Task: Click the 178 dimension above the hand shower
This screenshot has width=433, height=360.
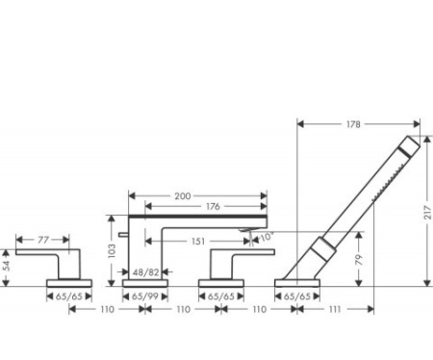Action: (x=353, y=124)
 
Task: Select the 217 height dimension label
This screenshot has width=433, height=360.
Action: (x=428, y=213)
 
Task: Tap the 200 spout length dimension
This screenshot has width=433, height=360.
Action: (x=183, y=196)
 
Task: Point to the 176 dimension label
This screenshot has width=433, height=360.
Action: (x=213, y=206)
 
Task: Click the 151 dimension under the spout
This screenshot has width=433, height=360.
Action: (x=198, y=242)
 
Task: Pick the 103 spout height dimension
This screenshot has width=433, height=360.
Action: (x=112, y=251)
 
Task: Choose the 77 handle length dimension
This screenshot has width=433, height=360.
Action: (x=43, y=240)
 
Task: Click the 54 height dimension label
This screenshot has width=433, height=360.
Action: (x=7, y=266)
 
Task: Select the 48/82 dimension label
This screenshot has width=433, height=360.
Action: (x=146, y=272)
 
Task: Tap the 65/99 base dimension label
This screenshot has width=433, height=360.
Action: (x=145, y=296)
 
